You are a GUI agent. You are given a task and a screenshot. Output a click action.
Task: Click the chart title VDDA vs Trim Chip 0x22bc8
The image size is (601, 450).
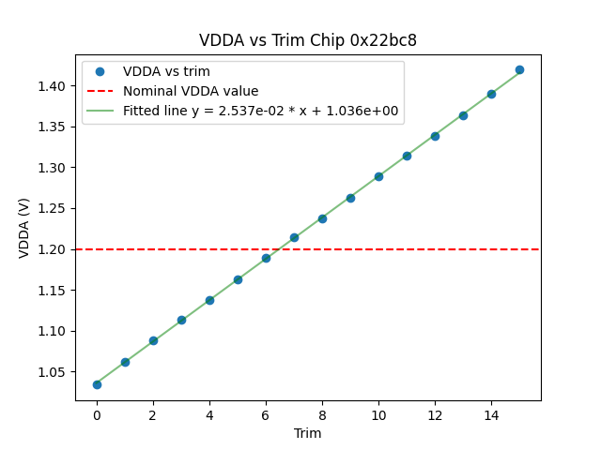(308, 40)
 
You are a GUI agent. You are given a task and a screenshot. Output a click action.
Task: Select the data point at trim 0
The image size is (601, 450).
(97, 384)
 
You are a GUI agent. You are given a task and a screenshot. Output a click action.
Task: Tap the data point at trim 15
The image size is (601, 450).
(519, 69)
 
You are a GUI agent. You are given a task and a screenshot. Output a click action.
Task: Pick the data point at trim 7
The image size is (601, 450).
(294, 237)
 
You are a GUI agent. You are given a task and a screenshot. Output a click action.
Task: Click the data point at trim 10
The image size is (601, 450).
(378, 176)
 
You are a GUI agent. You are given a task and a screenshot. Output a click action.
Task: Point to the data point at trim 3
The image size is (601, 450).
(181, 320)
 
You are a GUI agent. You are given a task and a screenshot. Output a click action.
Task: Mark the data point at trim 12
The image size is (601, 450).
(435, 136)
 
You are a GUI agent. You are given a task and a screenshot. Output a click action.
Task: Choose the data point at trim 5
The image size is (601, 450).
(238, 279)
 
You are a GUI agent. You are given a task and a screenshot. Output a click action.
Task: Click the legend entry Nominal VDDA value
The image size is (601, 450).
(191, 91)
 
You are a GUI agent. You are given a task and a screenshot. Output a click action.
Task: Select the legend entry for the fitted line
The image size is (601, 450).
(260, 111)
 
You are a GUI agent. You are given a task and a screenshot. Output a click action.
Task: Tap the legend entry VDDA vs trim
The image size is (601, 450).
(166, 71)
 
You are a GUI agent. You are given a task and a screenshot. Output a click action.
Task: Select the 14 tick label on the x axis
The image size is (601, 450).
(491, 414)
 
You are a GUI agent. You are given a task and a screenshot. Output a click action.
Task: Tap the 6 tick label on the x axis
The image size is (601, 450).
(266, 414)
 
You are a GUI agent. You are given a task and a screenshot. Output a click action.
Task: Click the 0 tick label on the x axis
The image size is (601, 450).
(97, 414)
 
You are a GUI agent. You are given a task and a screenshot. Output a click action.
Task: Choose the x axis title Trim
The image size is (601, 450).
(308, 433)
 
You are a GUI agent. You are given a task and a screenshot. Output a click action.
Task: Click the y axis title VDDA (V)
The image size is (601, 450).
(24, 227)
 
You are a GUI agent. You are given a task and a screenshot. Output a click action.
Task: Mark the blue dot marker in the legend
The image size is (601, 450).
(100, 71)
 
